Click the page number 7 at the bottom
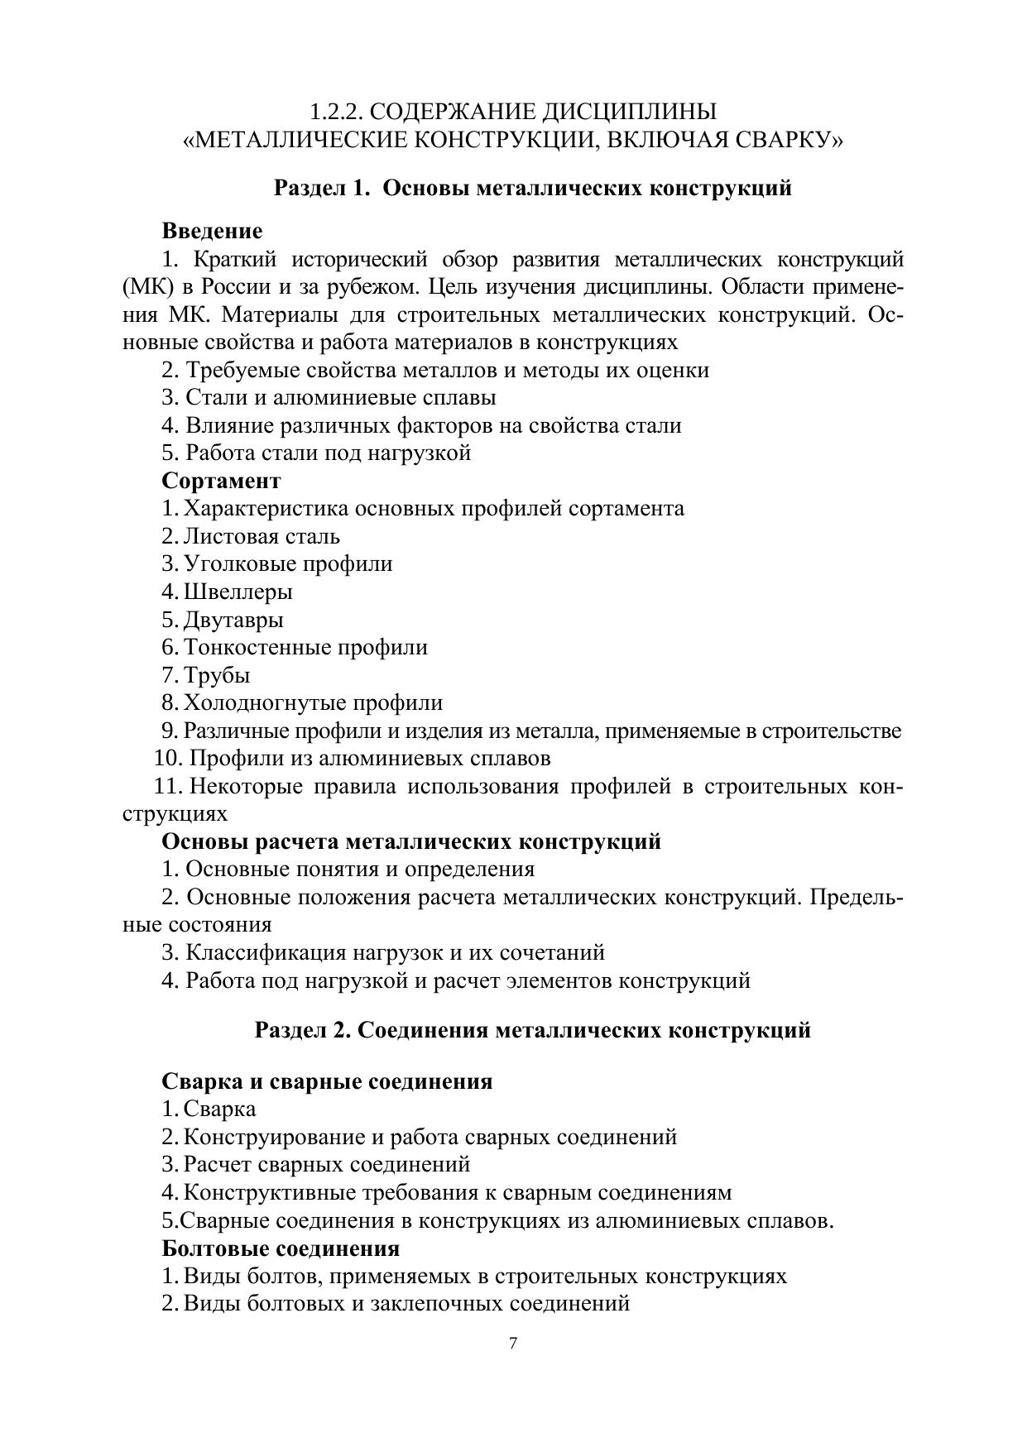[x=513, y=1344]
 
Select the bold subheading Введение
[x=212, y=231]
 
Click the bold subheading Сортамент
[x=221, y=481]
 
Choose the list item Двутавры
[x=233, y=620]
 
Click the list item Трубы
[x=217, y=675]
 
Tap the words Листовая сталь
[x=262, y=536]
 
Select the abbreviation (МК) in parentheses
[x=146, y=287]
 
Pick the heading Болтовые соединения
[x=281, y=1248]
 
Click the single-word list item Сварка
[x=219, y=1109]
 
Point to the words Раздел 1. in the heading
[x=321, y=188]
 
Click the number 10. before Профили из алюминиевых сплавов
[x=169, y=758]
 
